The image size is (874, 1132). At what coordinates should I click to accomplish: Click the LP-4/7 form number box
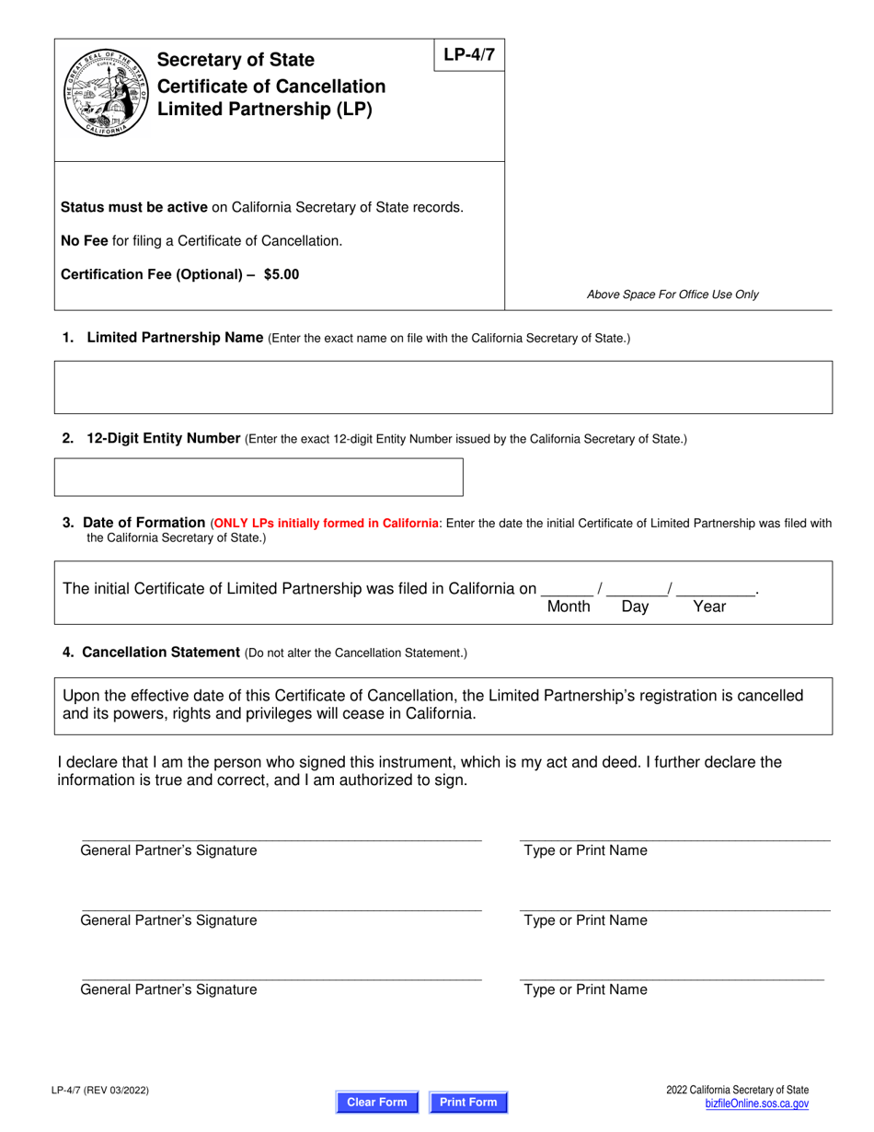468,55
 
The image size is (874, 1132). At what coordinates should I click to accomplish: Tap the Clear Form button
376,1102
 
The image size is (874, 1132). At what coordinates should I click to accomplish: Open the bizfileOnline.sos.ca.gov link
756,1103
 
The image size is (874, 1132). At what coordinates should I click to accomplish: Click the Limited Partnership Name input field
443,387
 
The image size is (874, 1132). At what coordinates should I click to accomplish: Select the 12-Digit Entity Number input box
259,477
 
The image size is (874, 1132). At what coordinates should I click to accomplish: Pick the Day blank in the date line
636,588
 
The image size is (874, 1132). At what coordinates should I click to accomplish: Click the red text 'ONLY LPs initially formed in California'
326,524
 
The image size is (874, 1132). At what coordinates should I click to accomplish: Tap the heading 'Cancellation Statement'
161,653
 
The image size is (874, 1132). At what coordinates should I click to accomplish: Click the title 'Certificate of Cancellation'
271,87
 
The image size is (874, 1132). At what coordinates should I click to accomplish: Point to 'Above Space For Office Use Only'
673,295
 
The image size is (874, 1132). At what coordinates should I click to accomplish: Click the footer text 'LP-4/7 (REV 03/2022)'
100,1092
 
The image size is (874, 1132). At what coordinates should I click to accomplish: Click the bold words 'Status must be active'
134,207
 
